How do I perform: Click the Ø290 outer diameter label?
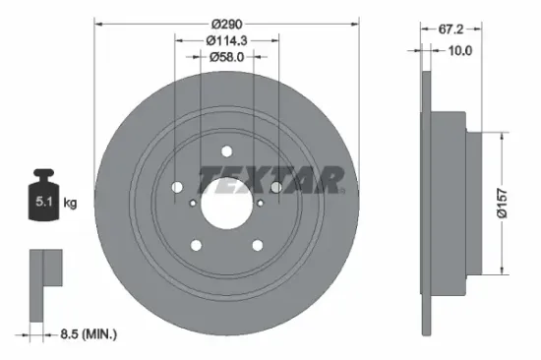(x=225, y=20)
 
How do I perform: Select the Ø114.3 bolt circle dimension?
(x=226, y=39)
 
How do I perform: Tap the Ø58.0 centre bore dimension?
(x=226, y=57)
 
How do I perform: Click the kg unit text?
(x=72, y=203)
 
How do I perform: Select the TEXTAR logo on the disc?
(x=271, y=179)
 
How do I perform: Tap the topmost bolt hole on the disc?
(x=226, y=150)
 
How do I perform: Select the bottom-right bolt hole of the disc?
(x=258, y=246)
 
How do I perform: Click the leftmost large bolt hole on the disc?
(x=177, y=188)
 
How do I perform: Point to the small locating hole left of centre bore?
(x=192, y=202)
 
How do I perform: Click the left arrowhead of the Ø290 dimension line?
(x=98, y=20)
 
